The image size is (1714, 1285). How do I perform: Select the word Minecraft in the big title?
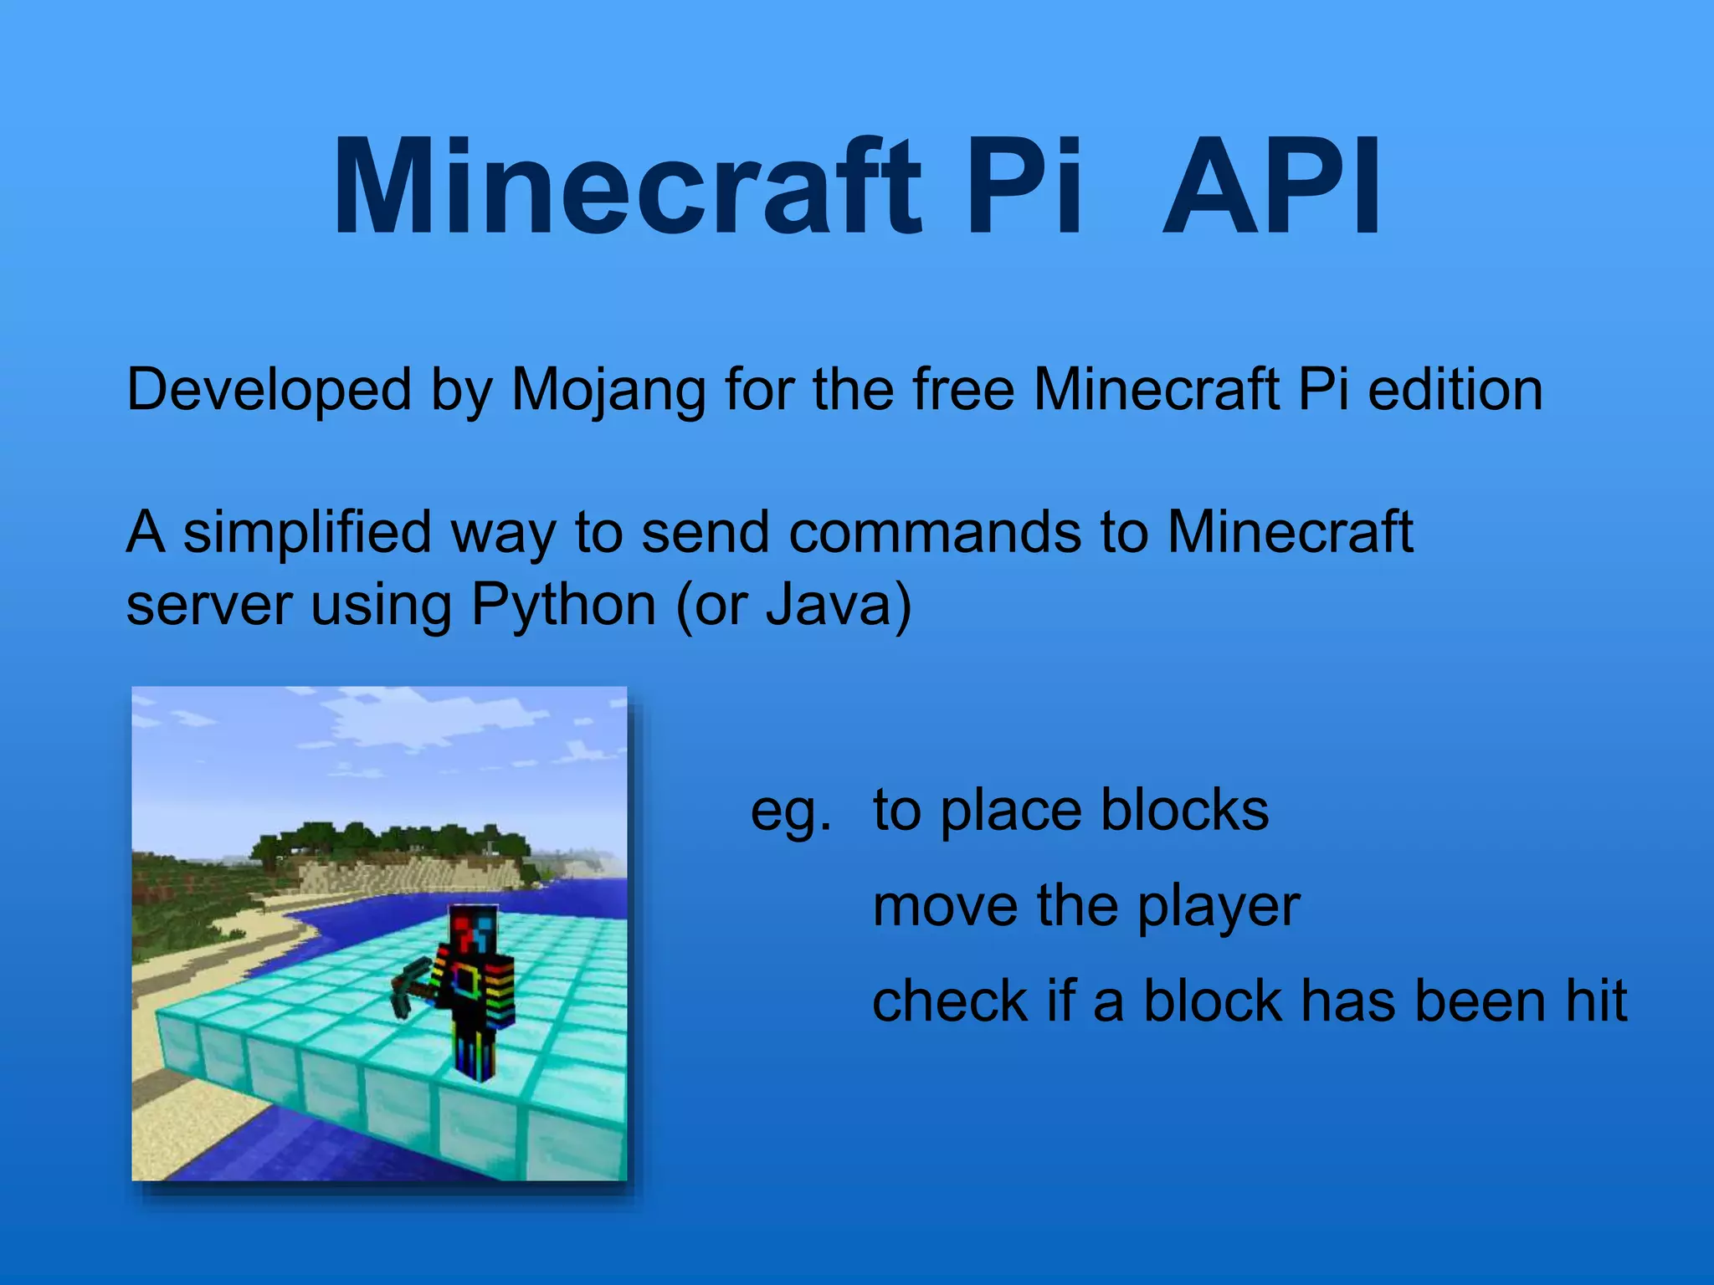[x=628, y=188]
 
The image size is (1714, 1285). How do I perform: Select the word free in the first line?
[x=963, y=391]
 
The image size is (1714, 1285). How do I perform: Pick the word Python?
[x=563, y=605]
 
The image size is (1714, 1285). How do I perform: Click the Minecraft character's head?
[x=472, y=931]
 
